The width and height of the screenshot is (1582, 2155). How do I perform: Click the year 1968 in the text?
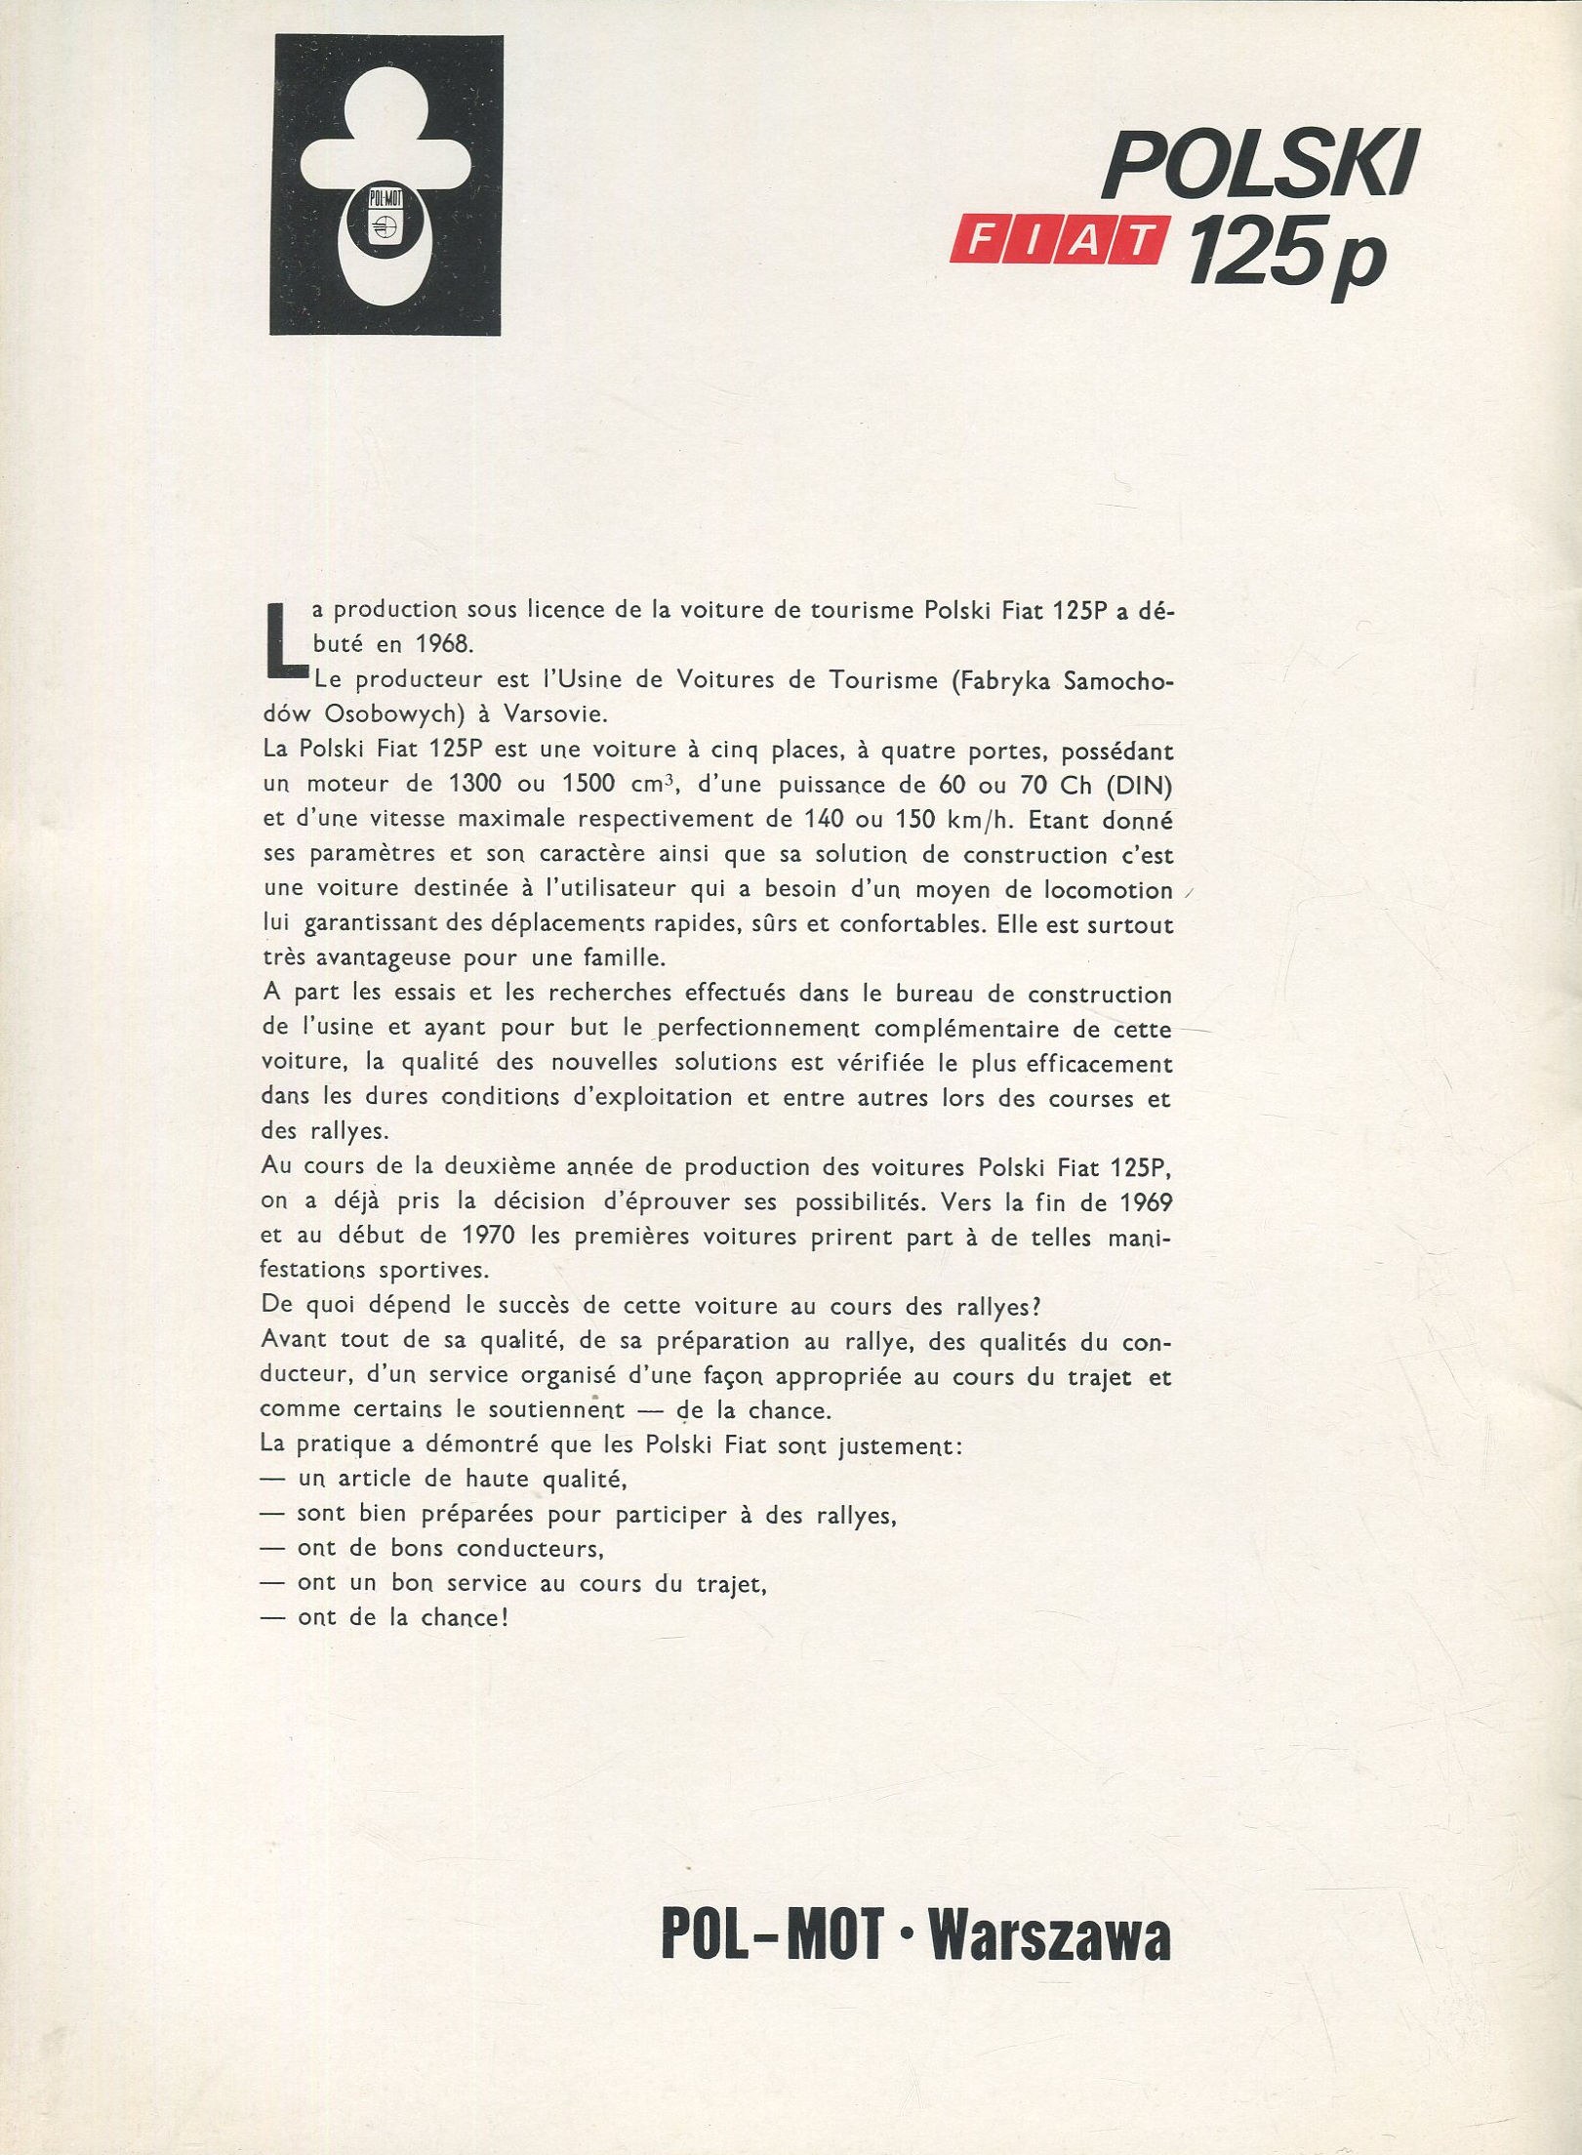[432, 646]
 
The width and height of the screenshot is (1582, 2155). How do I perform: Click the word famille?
[621, 957]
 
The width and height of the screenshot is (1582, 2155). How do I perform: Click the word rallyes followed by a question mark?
[1012, 1306]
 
